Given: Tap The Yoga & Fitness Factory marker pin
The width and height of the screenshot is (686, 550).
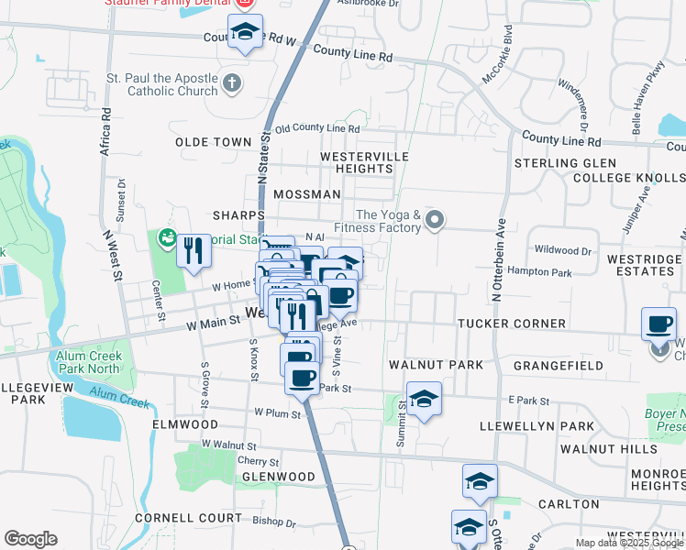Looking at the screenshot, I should tap(436, 220).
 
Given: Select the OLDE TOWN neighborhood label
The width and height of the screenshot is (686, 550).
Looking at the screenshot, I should tap(214, 142).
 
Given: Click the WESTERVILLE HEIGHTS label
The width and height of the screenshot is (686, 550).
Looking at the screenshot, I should tap(357, 163).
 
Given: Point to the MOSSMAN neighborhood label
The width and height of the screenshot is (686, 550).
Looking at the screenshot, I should tap(306, 194).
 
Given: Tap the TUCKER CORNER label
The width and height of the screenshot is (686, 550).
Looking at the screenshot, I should tap(512, 324).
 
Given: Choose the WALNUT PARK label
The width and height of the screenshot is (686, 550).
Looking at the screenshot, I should tap(436, 365).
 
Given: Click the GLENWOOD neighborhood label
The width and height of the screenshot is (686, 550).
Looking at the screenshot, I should tap(278, 477).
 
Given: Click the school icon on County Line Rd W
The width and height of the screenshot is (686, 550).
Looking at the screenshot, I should tap(245, 33).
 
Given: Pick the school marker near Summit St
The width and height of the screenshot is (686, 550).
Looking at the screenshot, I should tap(423, 399).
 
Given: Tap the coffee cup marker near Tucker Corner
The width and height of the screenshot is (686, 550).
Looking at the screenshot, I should tap(658, 324).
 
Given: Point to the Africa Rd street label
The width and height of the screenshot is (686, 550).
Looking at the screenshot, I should tap(106, 131).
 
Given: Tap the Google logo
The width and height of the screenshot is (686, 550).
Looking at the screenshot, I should tap(30, 539).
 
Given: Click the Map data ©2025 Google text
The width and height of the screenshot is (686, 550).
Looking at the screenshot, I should tap(628, 543).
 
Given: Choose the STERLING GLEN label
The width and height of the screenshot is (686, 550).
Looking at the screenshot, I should tap(559, 163).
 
